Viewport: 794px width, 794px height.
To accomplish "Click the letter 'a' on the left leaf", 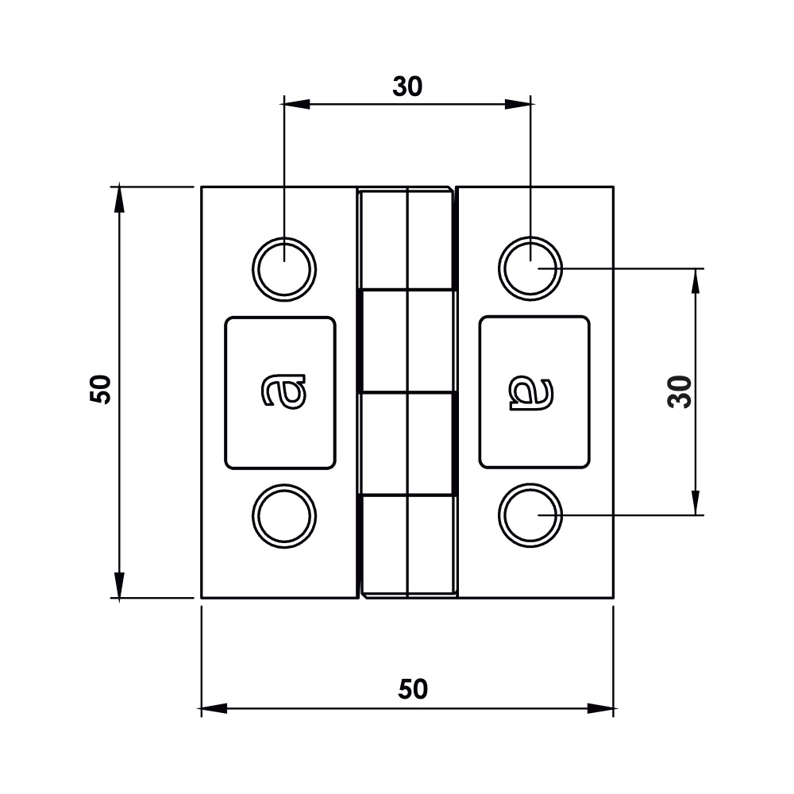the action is [283, 391].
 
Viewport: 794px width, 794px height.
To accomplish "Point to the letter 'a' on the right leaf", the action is [530, 393].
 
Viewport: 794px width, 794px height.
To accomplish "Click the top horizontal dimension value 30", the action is [407, 87].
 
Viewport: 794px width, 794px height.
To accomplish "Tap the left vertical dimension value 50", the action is [100, 389].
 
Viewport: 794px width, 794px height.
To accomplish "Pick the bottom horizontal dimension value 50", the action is [413, 689].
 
